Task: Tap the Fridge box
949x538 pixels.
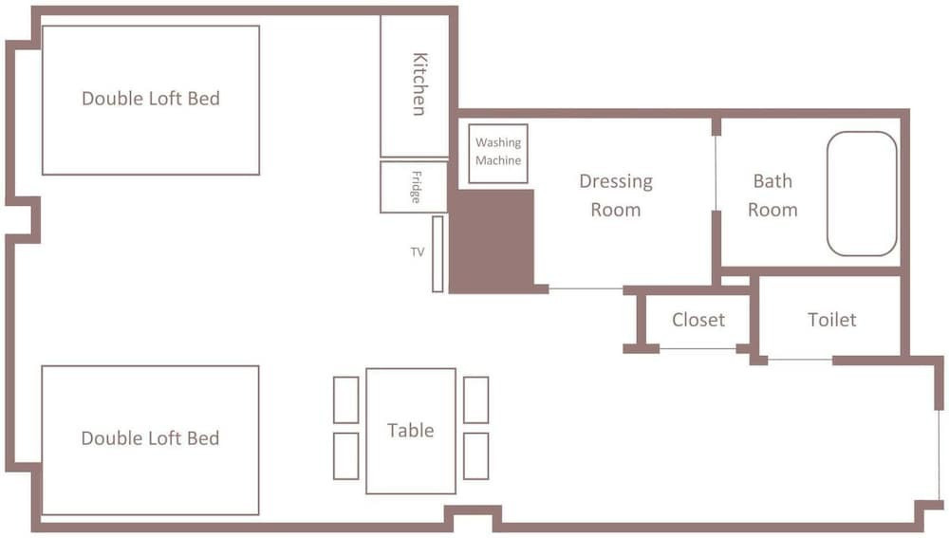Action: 414,187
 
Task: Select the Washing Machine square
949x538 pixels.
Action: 498,154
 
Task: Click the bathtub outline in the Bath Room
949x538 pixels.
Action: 828,194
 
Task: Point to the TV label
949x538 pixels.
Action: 418,251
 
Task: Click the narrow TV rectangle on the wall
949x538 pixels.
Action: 437,254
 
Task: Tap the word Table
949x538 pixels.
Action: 410,430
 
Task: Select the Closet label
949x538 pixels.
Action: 698,320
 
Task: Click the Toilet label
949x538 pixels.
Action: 832,320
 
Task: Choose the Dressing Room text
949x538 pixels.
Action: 616,195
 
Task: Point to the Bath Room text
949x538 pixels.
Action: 772,195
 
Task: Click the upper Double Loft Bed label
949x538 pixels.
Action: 151,99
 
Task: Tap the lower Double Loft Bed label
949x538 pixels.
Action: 150,438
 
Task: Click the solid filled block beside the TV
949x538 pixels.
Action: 491,241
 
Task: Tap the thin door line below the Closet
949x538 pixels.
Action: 698,349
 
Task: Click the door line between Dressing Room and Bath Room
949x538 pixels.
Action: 716,173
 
